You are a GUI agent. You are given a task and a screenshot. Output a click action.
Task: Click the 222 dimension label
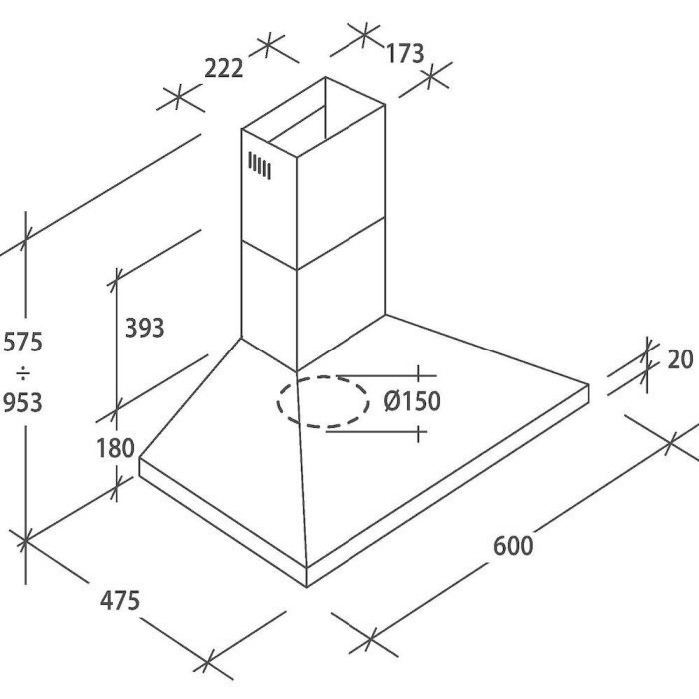pyautogui.click(x=224, y=68)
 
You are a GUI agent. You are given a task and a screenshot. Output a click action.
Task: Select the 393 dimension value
pyautogui.click(x=143, y=327)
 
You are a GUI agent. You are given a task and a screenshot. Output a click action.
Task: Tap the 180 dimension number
pyautogui.click(x=116, y=448)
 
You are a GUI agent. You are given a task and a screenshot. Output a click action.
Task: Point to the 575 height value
pyautogui.click(x=22, y=343)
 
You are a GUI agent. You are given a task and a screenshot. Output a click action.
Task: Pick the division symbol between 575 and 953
pyautogui.click(x=22, y=373)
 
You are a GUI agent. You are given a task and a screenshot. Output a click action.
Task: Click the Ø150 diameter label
pyautogui.click(x=412, y=402)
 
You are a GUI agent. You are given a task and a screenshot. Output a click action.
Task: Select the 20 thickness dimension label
pyautogui.click(x=679, y=359)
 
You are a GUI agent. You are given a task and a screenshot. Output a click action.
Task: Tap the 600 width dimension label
pyautogui.click(x=513, y=545)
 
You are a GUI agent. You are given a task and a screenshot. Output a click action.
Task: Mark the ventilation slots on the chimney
pyautogui.click(x=260, y=166)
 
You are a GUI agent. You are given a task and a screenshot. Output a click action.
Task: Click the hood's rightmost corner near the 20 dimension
pyautogui.click(x=589, y=389)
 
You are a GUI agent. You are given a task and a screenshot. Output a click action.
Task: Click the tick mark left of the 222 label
pyautogui.click(x=175, y=99)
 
